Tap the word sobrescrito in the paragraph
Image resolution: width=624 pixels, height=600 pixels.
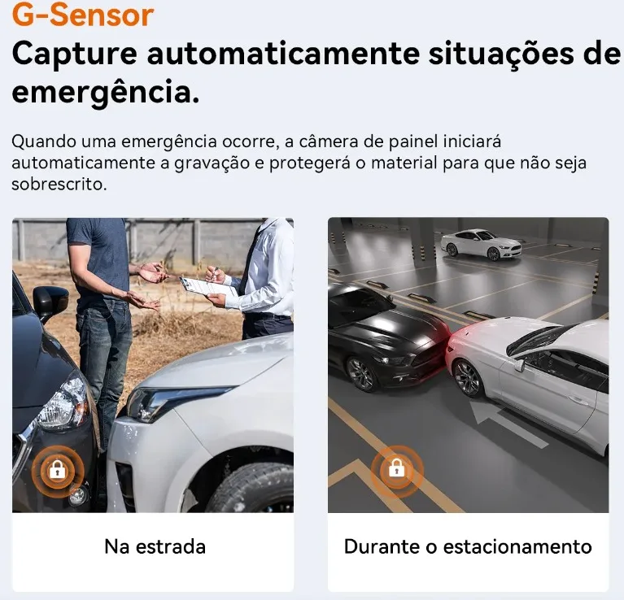pos(59,184)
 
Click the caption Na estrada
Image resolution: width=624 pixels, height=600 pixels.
pos(155,546)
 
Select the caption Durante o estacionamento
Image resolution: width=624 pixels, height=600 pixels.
pos(468,546)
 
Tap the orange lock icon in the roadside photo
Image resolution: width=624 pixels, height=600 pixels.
pos(57,469)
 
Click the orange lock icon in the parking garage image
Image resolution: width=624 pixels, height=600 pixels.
pos(396,468)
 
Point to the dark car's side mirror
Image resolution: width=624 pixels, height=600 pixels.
pos(51,300)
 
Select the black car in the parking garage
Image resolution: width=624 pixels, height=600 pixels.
pos(382,333)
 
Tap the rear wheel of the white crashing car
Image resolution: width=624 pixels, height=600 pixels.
pos(468,377)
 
